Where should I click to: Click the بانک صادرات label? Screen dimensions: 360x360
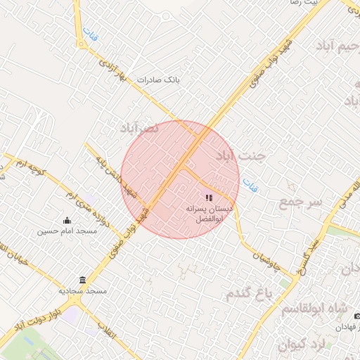click(159, 80)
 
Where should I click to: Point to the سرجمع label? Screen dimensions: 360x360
click(300, 202)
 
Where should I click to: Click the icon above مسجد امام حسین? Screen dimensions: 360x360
click(67, 220)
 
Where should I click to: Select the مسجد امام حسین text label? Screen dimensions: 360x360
click(67, 231)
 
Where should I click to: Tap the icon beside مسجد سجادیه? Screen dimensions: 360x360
click(83, 280)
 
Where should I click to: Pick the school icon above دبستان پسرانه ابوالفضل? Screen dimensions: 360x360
click(209, 198)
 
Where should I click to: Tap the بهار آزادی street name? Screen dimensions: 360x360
click(112, 74)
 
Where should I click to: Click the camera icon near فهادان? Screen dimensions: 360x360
click(356, 316)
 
